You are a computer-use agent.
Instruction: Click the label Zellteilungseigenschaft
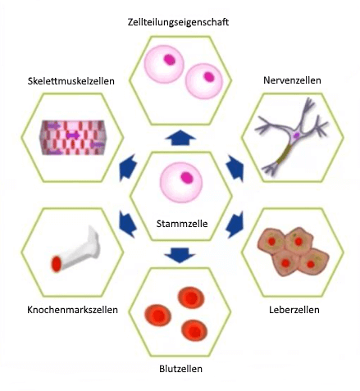178,22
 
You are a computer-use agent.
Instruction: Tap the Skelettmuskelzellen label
71,81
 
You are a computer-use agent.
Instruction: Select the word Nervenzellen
292,80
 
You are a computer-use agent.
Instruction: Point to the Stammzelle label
182,224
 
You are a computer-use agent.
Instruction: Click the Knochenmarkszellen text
73,310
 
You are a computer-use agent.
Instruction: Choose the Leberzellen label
294,310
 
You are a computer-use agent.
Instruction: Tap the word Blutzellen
181,369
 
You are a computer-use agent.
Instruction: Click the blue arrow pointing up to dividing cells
180,138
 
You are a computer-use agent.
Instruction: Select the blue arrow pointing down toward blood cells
180,255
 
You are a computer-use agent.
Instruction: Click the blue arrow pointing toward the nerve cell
235,168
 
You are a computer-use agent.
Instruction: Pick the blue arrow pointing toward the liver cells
235,225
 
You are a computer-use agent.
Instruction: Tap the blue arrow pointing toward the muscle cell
128,168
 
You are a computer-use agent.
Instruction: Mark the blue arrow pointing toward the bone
128,224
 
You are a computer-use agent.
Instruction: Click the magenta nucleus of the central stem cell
187,178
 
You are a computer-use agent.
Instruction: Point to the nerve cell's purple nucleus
296,135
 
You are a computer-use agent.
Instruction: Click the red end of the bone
57,264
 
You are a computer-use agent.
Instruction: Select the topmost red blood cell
191,298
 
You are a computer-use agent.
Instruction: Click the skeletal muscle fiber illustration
73,138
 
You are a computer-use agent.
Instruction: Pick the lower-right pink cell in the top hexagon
204,81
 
